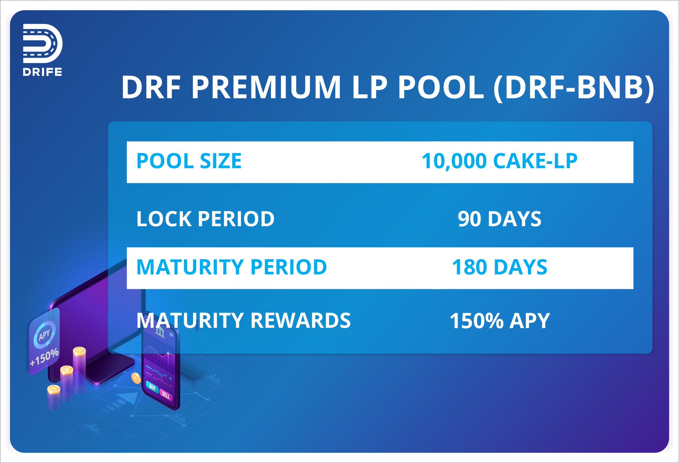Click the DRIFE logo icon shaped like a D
click(42, 43)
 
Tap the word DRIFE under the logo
click(42, 72)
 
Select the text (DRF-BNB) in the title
click(573, 88)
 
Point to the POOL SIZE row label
click(189, 161)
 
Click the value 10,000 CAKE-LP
click(499, 161)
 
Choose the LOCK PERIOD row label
click(205, 219)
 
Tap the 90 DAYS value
click(499, 219)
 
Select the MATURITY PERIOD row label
click(231, 267)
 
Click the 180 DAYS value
click(499, 267)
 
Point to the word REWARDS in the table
click(300, 320)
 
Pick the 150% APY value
click(499, 321)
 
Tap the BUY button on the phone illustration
click(152, 387)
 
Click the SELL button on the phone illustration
click(166, 395)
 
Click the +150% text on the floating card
click(44, 357)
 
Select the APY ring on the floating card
click(44, 335)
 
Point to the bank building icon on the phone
click(160, 332)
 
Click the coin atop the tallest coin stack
click(80, 351)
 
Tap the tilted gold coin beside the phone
click(136, 378)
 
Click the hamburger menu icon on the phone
click(171, 335)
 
